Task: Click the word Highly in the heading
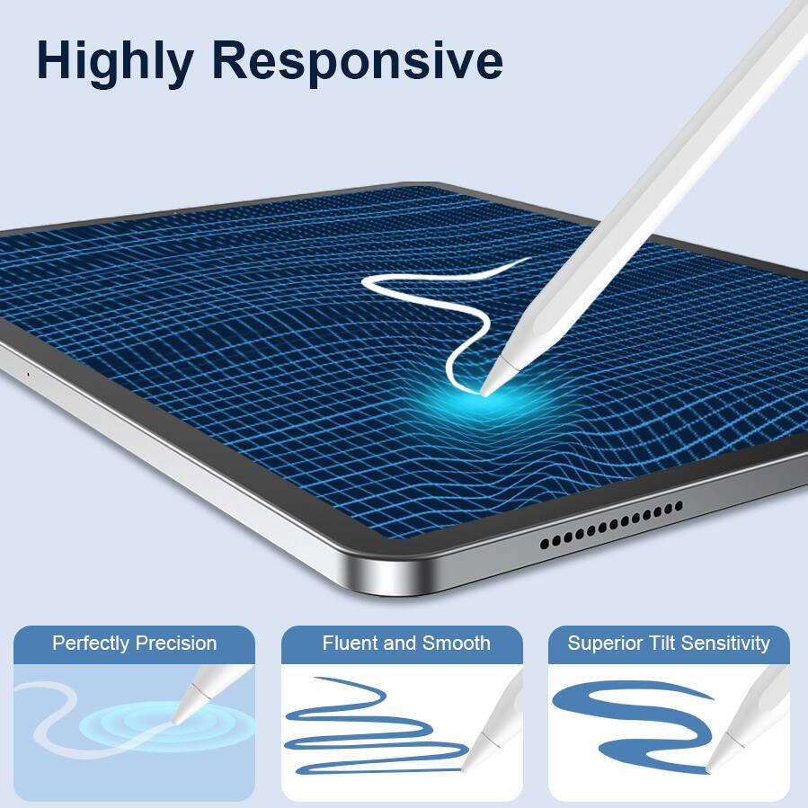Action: pos(114,61)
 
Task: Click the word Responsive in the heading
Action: pos(357,61)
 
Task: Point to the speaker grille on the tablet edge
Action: pos(611,525)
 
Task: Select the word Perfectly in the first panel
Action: pos(91,644)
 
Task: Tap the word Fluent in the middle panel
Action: pos(350,644)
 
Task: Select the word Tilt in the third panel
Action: pos(661,644)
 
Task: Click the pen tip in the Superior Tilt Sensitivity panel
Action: pos(710,769)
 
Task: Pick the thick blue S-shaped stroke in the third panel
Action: pos(629,719)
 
